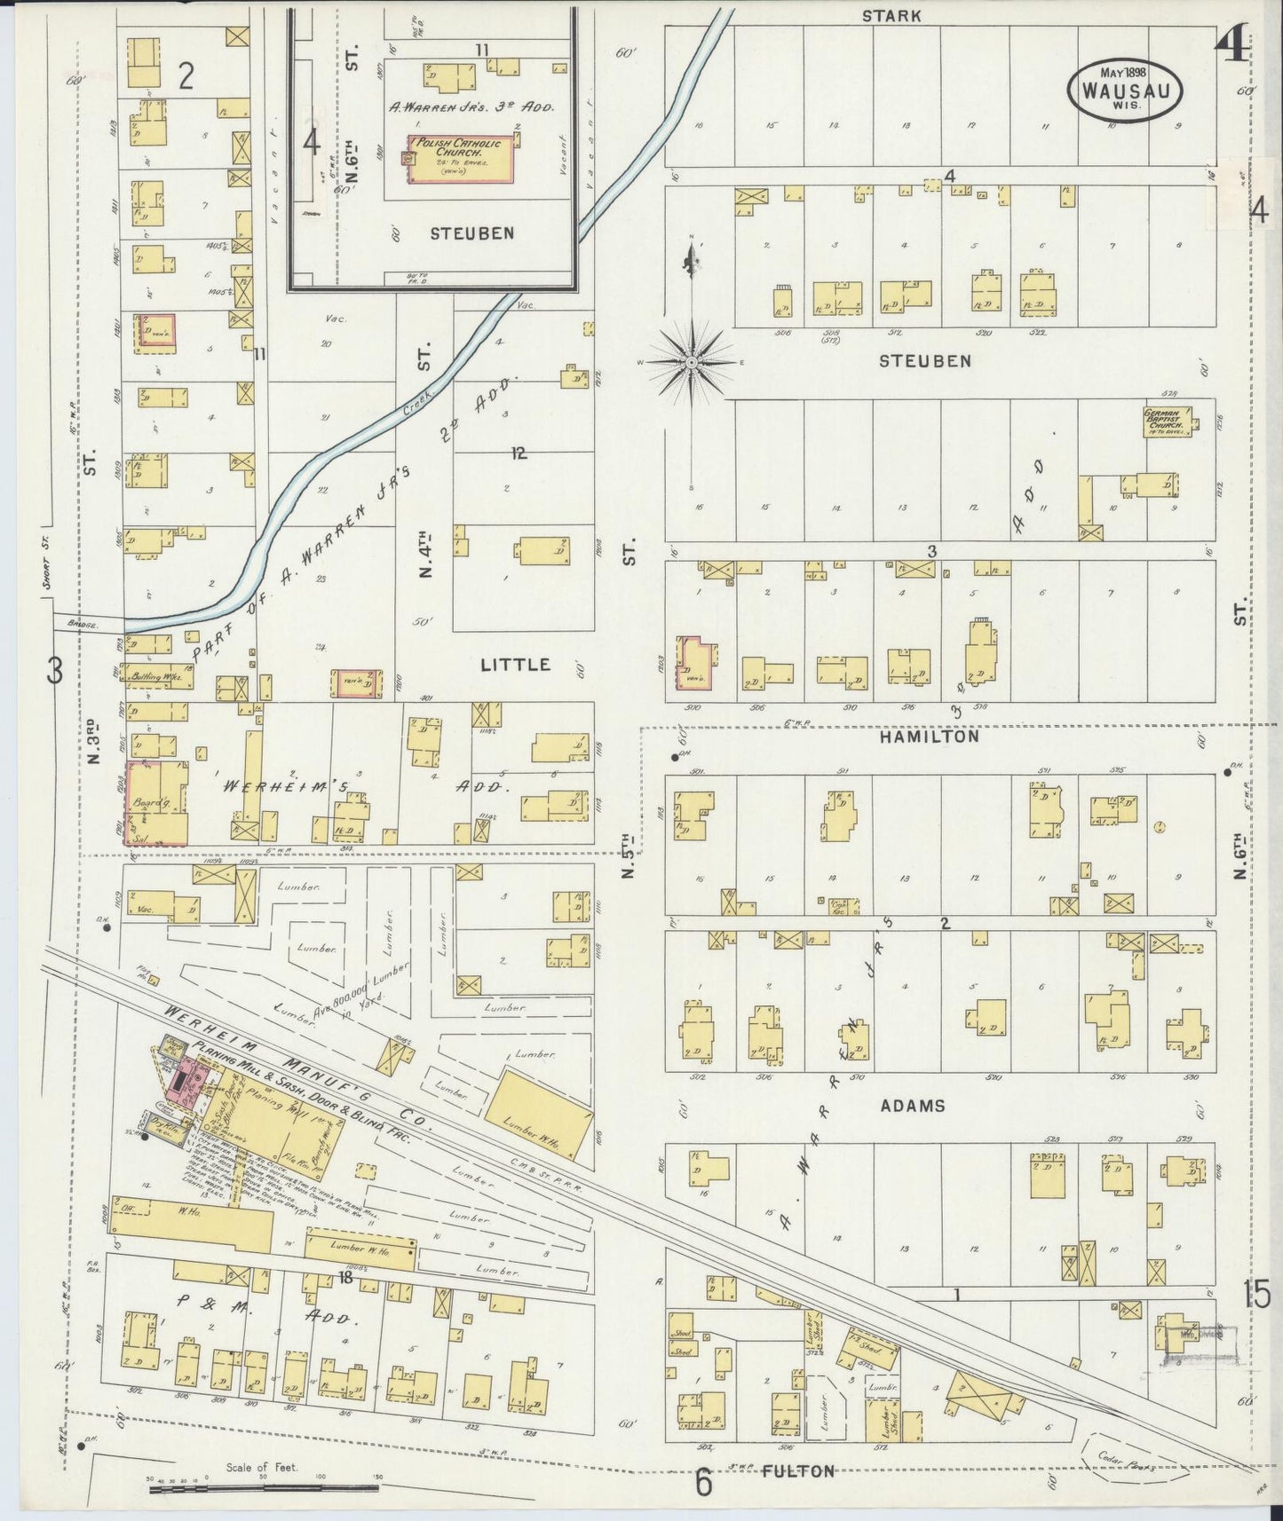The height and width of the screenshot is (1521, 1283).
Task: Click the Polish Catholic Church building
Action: [460, 160]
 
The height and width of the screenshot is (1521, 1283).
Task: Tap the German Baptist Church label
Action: [1166, 422]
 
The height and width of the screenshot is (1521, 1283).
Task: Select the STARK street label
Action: [891, 15]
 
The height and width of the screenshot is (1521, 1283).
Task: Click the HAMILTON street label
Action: [930, 736]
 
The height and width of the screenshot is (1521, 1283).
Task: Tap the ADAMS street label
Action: [913, 1106]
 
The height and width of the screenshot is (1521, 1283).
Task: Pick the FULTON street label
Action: [798, 1471]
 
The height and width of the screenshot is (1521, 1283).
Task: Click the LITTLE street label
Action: [515, 665]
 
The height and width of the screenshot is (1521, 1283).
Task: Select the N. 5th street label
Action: [630, 857]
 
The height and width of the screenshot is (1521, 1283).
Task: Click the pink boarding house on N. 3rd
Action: [156, 802]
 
